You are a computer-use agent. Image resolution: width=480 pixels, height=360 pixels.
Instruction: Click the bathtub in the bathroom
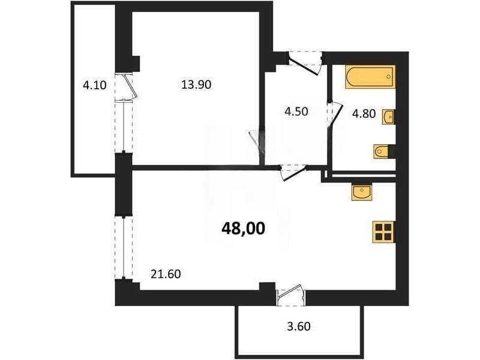coord(370,77)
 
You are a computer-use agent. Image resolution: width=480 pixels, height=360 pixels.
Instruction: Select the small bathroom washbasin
coord(388,117)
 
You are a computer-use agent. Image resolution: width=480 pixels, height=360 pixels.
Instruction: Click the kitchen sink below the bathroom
coord(362,192)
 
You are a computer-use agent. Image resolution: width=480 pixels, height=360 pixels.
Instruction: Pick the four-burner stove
coord(383,232)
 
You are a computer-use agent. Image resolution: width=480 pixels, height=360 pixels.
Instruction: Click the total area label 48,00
coord(243,229)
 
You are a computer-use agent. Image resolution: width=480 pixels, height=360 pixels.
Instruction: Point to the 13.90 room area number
coord(196,84)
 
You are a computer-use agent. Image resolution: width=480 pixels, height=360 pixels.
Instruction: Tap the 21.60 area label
coord(166,274)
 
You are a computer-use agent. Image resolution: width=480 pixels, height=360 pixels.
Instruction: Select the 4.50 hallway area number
coord(296,112)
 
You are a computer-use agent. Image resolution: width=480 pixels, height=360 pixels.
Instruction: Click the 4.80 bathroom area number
coord(364,113)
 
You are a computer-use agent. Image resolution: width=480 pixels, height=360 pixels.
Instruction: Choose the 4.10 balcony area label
coord(95,85)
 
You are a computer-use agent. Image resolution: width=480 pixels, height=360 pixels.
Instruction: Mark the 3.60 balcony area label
coord(299,326)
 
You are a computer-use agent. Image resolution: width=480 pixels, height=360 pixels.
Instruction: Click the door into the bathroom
coord(335,113)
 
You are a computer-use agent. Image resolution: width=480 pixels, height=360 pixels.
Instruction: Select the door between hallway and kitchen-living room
coord(293,172)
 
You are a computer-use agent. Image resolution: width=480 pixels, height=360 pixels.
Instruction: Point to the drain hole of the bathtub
coord(389,77)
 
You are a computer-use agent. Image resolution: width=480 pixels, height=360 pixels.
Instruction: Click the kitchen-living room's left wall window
coord(124,248)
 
